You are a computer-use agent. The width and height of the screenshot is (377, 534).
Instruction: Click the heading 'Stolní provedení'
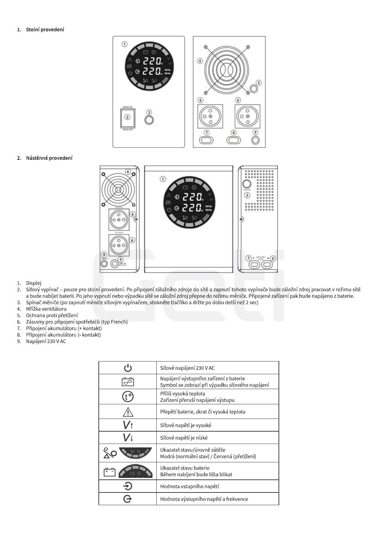coord(45,29)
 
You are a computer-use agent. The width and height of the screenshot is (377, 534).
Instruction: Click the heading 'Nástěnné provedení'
coord(49,158)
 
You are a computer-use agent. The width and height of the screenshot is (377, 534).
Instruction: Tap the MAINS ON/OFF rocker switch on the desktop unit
coord(127,117)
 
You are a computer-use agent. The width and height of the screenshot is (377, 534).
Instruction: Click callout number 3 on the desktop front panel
coord(149,112)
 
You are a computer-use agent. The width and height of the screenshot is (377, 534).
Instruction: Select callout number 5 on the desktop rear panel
coord(259,83)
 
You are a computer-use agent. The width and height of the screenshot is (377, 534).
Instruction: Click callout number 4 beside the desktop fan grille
coord(200,61)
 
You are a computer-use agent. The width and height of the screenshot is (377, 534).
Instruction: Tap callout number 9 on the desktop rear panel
coord(255,132)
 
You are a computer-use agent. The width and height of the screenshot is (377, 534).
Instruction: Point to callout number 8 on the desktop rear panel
coord(234,133)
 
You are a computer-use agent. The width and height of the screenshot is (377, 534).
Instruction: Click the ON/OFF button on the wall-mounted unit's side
coord(246,184)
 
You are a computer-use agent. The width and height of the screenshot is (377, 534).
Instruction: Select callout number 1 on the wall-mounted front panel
coord(163,179)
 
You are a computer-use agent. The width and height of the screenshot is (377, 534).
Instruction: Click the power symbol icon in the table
coord(128,368)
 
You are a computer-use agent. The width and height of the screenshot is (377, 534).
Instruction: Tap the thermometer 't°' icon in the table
coord(128,397)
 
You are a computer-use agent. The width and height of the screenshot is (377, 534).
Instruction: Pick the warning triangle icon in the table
coord(128,412)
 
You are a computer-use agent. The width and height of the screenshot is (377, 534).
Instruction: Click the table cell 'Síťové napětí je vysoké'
coord(185,425)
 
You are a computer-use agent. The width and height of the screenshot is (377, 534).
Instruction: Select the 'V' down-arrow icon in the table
coord(128,438)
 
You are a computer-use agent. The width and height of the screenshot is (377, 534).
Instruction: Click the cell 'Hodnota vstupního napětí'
coord(189,486)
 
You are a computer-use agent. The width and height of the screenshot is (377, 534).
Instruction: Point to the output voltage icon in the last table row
coord(128,499)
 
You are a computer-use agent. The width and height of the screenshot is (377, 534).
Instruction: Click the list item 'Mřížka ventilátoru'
coord(46,309)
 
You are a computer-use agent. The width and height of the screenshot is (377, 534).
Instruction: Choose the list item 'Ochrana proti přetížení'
coord(52,315)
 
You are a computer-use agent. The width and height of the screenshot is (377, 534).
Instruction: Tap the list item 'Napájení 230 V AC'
coord(46,341)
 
